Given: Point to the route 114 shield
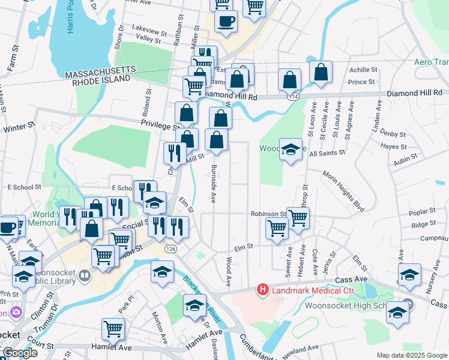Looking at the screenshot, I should [x=293, y=96].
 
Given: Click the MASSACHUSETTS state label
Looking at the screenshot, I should [x=101, y=71].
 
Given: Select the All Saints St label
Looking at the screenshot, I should [x=327, y=153].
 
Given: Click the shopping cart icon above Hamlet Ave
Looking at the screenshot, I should [x=113, y=329].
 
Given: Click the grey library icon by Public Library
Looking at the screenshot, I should [x=85, y=276].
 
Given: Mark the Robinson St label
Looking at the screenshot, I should [x=268, y=214].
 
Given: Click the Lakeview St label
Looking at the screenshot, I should [x=149, y=29].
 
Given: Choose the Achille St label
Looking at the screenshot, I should [x=362, y=70].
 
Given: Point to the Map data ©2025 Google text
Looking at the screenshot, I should [x=411, y=355].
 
